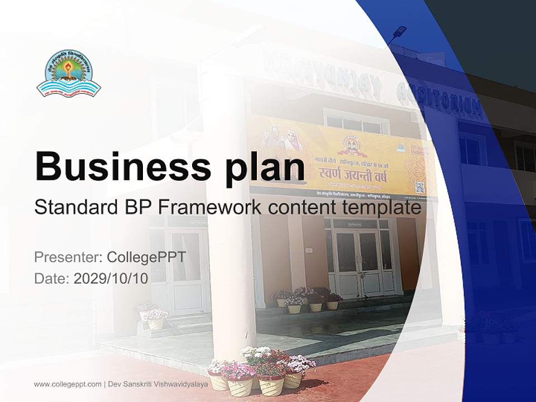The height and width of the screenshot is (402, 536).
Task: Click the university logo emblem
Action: click(68, 74)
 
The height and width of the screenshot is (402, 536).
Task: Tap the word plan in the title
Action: click(266, 166)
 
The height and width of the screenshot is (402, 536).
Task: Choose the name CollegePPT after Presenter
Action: click(146, 257)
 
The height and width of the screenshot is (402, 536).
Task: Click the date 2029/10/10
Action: click(111, 279)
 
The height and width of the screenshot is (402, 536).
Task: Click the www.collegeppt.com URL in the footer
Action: click(68, 384)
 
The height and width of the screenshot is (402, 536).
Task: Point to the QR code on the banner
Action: click(419, 187)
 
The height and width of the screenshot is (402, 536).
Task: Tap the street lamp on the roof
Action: click(398, 33)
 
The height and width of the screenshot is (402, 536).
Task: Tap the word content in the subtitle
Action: click(305, 207)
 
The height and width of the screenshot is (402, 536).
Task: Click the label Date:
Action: click(52, 279)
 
